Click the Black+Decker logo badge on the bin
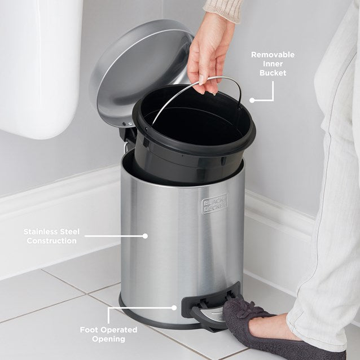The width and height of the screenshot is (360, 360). coord(214,204)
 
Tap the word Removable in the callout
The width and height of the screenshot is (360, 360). coord(273,55)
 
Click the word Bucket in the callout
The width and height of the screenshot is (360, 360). coord(273,73)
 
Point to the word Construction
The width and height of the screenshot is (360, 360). coord(50,241)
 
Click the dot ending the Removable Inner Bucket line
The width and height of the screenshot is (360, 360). coord(252,100)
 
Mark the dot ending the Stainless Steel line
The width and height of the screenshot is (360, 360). coord(145,236)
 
